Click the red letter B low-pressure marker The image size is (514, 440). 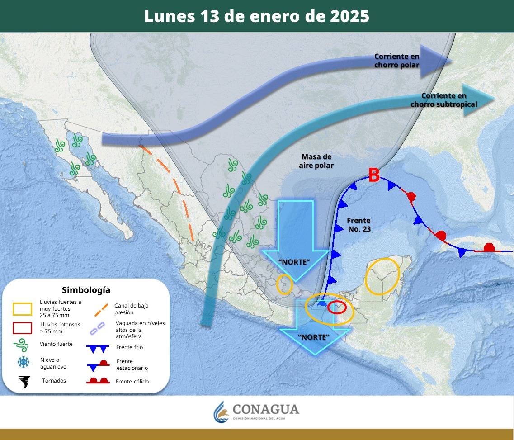[373, 175]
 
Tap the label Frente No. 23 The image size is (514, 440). [359, 225]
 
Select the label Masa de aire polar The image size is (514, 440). [316, 161]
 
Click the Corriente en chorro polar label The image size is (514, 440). [396, 61]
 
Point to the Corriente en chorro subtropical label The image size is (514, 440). [443, 100]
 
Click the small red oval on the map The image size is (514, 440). [337, 308]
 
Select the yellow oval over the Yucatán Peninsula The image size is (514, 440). [382, 276]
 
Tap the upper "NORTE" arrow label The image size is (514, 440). [294, 262]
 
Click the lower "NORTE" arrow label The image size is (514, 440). [314, 337]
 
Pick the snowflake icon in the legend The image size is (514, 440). [23, 362]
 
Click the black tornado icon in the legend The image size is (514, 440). [24, 382]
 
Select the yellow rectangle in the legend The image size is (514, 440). [23, 309]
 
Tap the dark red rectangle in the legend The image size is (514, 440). [23, 328]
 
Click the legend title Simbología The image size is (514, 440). [86, 290]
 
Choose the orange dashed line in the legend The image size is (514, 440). [101, 309]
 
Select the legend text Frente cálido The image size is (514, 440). [132, 382]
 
